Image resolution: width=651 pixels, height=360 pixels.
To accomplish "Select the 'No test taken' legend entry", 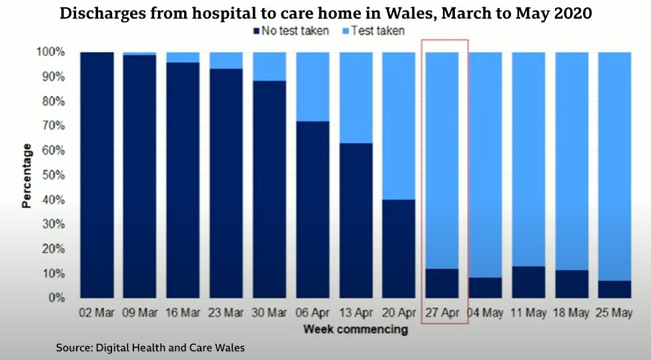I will click(x=291, y=31).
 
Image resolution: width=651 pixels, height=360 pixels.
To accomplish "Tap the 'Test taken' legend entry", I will click(x=373, y=31).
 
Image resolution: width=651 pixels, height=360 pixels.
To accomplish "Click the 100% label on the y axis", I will click(x=51, y=52).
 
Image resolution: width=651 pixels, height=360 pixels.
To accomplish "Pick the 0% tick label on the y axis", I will click(x=55, y=298).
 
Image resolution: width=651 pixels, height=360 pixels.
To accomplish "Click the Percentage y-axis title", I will click(x=27, y=175).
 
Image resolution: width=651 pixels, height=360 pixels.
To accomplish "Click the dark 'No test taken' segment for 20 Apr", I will click(x=399, y=249).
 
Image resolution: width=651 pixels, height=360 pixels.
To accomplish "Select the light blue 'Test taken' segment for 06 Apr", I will click(x=313, y=87).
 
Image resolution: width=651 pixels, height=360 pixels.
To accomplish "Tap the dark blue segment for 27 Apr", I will click(x=442, y=283).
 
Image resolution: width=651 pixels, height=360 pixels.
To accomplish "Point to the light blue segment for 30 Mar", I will click(x=269, y=67).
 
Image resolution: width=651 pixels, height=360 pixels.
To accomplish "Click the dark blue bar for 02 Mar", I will click(x=97, y=175).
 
